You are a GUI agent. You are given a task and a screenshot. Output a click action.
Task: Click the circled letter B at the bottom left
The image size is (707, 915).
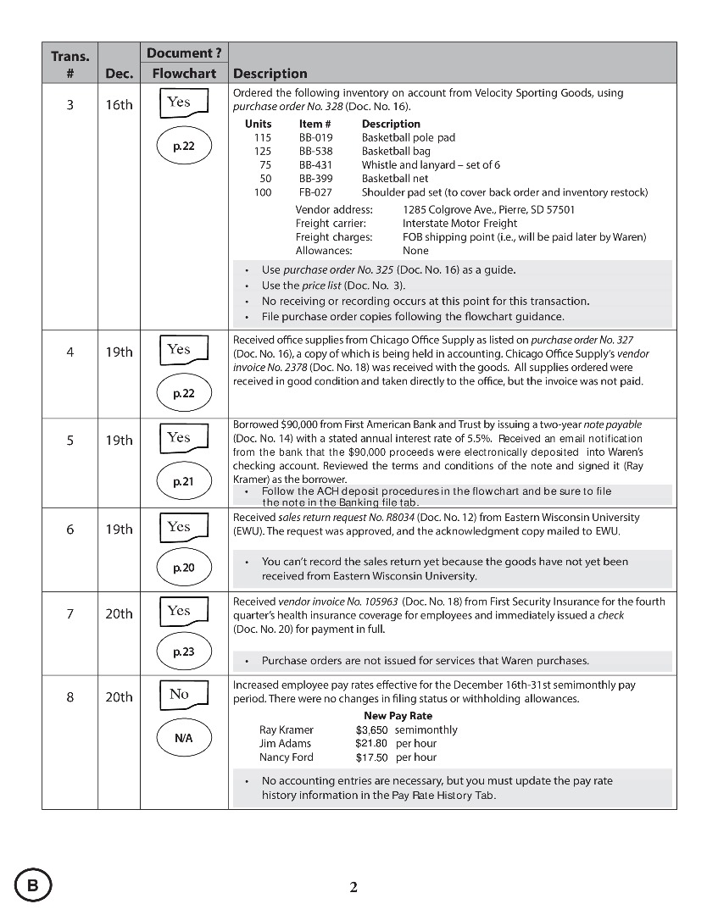(x=33, y=886)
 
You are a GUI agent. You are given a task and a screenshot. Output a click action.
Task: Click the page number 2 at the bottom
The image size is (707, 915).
(x=353, y=887)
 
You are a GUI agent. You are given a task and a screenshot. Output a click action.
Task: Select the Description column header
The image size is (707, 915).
(x=270, y=74)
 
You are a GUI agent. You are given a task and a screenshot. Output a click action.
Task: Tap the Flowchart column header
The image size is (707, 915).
(x=184, y=74)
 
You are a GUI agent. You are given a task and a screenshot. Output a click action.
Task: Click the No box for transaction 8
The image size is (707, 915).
(x=183, y=696)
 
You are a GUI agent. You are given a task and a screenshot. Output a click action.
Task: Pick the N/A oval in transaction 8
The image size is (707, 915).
(x=183, y=737)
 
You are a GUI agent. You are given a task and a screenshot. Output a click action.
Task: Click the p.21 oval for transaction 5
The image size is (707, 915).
(x=183, y=481)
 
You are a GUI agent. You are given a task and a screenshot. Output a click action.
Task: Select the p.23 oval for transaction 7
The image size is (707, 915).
(x=183, y=652)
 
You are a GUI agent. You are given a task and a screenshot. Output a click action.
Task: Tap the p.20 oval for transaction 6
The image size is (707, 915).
(x=183, y=568)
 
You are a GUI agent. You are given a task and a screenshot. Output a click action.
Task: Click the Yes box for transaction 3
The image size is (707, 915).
(x=183, y=103)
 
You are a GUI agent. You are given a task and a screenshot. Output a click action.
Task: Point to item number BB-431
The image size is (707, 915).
(x=315, y=165)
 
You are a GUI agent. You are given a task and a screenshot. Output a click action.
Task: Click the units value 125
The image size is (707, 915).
(x=262, y=151)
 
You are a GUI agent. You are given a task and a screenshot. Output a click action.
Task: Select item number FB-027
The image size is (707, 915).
(x=315, y=192)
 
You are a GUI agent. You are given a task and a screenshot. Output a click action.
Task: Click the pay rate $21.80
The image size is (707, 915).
(x=371, y=744)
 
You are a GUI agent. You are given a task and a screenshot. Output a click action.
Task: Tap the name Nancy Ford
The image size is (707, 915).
(x=286, y=757)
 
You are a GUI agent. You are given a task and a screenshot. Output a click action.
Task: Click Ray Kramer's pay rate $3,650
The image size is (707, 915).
(x=371, y=730)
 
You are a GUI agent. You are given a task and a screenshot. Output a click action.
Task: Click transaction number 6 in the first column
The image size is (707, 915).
(x=70, y=530)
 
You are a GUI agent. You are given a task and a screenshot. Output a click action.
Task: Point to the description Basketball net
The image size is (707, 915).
(x=395, y=179)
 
